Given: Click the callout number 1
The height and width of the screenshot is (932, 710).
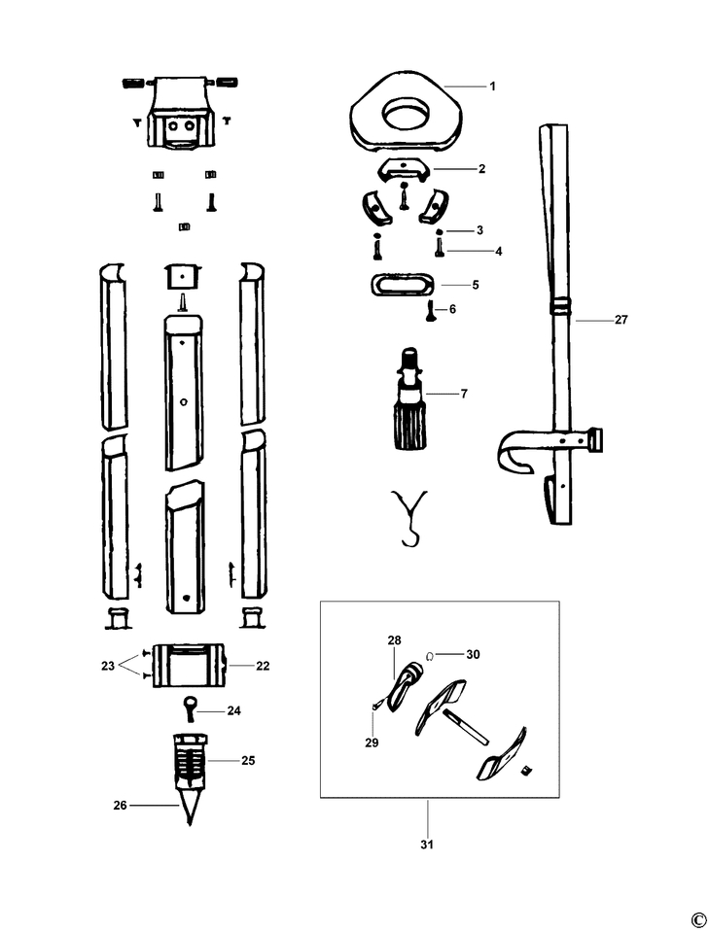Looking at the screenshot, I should [492, 86].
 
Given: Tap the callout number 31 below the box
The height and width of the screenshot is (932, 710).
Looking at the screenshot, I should [426, 844].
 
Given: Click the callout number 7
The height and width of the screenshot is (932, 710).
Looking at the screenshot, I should [464, 394].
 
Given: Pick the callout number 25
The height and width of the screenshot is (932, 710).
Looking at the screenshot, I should [248, 760].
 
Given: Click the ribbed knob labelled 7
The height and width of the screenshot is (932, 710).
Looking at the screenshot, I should [408, 418].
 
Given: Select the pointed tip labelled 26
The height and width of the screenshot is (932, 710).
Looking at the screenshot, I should [188, 810].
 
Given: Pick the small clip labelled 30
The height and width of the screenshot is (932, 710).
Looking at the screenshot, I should [430, 654].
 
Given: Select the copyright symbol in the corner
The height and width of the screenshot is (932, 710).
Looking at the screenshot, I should [696, 920].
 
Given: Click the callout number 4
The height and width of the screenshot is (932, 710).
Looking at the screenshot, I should [498, 251].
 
